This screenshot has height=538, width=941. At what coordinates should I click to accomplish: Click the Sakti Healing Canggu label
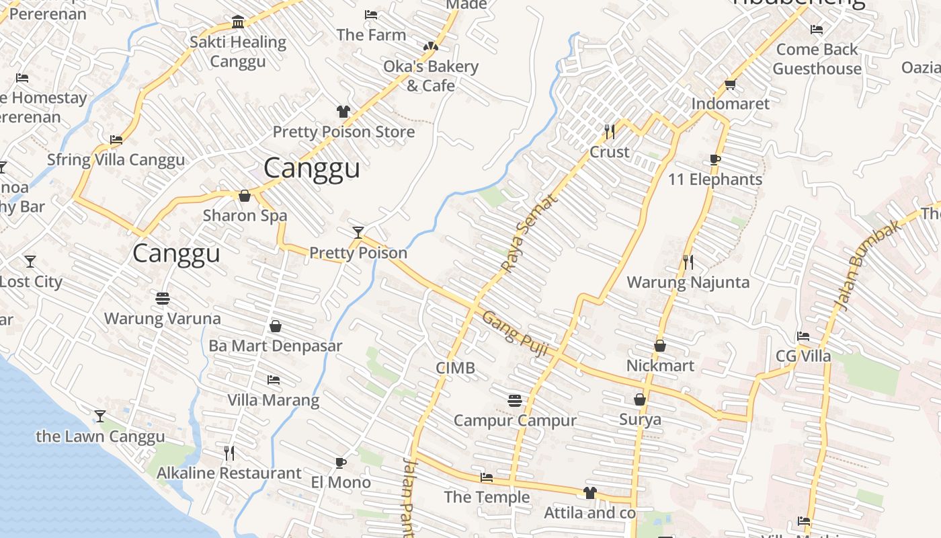coord(237,51)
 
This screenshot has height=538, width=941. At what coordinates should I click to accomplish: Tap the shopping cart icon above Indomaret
coord(731,85)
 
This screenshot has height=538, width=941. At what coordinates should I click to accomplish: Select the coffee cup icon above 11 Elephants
coord(715,159)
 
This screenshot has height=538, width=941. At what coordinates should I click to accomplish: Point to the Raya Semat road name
coord(530,233)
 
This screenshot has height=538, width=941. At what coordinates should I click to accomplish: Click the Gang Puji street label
coord(516,334)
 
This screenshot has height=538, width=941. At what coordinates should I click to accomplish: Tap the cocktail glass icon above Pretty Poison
coord(358,233)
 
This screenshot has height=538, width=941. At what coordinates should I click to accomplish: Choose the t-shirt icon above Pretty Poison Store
coord(343,111)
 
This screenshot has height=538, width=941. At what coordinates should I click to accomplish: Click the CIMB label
coord(455,368)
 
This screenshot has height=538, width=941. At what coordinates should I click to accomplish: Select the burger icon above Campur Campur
coord(515,401)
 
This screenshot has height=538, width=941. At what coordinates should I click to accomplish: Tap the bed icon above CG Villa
coord(803,336)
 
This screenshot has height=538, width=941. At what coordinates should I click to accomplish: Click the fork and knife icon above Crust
coord(610,131)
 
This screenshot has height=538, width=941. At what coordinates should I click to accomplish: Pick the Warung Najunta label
coord(688,282)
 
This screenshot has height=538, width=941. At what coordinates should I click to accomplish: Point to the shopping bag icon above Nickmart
coord(660,346)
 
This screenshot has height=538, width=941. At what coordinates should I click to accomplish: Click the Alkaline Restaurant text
coord(229,473)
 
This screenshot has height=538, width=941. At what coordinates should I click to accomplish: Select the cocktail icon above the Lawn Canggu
coord(100,416)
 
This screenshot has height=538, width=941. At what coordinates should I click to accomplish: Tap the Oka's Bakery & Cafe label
coord(430,75)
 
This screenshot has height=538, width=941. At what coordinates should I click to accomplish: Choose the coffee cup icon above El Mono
coord(341,462)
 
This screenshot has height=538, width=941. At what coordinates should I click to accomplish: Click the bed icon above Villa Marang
coord(273,380)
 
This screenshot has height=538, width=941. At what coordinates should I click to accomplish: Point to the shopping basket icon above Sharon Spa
coord(245,196)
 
